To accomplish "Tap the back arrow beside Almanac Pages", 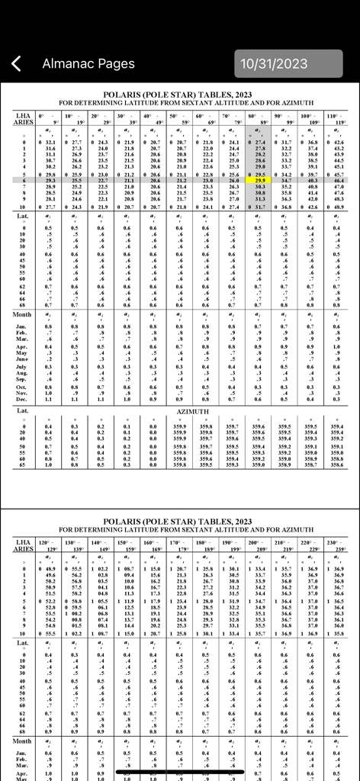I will [x=17, y=64].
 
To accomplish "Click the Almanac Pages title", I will [x=88, y=64].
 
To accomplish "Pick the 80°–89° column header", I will [x=259, y=118].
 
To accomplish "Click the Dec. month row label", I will [x=23, y=398].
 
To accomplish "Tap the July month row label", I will [x=23, y=367].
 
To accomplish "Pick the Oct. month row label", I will [x=23, y=387].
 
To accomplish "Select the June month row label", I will [x=23, y=358].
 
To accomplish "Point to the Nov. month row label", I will [x=23, y=392].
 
